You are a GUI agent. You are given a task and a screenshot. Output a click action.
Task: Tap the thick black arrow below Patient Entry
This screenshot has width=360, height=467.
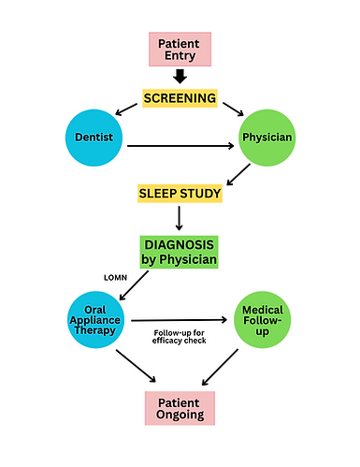click(180, 79)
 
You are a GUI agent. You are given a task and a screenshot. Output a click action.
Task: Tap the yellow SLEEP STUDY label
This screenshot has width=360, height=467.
click(180, 195)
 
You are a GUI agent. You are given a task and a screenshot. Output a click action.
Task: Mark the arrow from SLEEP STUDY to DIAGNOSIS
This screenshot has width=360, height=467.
click(180, 220)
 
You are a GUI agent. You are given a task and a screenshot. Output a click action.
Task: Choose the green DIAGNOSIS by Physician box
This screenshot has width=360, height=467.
click(180, 251)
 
